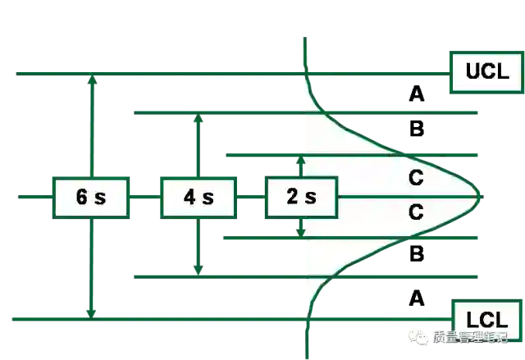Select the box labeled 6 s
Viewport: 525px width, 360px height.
91,197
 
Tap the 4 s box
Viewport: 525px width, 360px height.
198,197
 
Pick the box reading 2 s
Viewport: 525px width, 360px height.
301,197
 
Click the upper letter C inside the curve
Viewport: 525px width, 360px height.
416,177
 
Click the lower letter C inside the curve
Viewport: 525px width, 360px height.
416,212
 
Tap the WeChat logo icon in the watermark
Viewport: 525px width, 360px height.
421,336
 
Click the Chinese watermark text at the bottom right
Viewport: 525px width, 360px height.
471,336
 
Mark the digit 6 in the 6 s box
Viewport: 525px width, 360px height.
81,197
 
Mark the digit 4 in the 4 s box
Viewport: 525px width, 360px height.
189,197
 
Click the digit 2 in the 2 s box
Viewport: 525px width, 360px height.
293,197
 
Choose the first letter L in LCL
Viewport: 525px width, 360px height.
473,317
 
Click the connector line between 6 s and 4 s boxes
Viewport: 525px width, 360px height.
144,197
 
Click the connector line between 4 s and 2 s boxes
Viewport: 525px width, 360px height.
250,197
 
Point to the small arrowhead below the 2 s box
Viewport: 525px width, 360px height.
300,236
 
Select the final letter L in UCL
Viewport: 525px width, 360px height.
502,71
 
